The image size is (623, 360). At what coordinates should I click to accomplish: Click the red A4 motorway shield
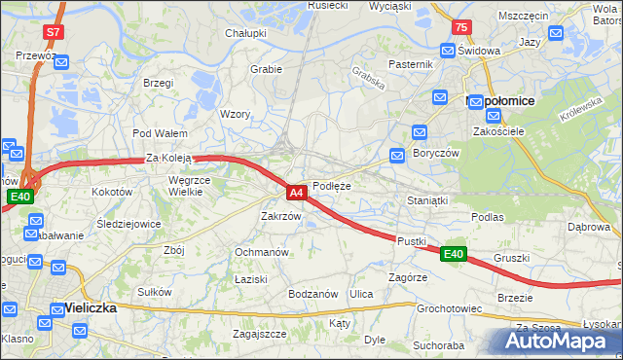(x=298, y=193)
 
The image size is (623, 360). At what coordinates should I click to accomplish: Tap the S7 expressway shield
(x=53, y=32)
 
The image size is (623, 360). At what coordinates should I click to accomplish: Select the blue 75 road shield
(x=460, y=27)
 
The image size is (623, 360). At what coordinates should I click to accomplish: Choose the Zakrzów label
(x=280, y=216)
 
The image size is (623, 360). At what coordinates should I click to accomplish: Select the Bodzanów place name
(x=312, y=294)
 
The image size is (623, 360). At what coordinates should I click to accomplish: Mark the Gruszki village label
(x=511, y=259)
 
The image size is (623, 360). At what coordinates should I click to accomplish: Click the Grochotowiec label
(x=450, y=308)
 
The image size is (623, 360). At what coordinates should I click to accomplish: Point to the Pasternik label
(x=409, y=64)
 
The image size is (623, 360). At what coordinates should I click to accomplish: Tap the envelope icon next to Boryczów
(x=397, y=155)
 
